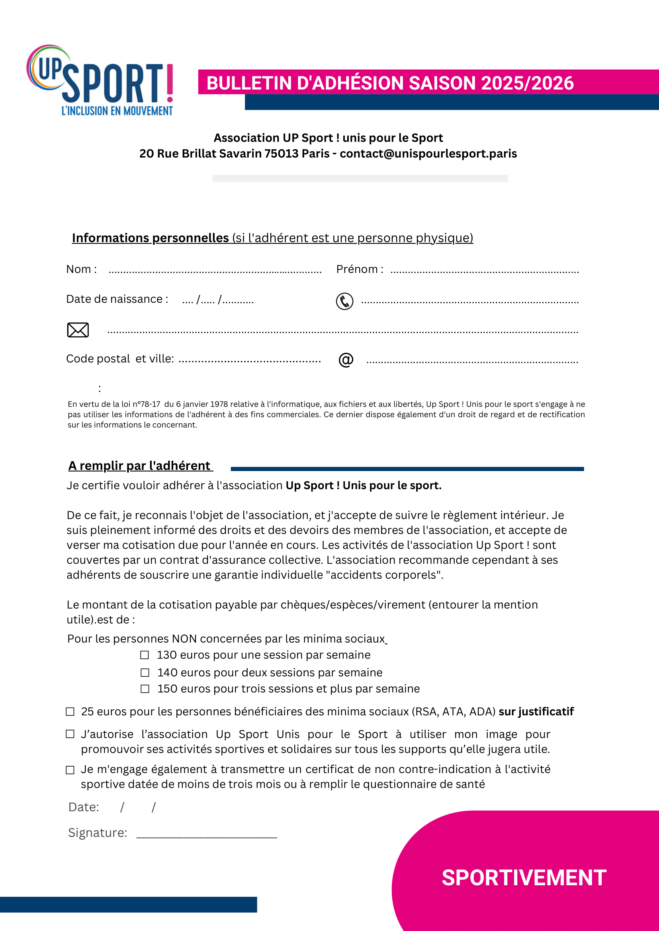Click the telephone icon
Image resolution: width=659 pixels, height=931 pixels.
344,301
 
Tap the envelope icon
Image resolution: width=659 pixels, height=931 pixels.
78,330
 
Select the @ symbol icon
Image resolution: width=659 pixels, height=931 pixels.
346,360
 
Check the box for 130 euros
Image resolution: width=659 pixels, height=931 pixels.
145,655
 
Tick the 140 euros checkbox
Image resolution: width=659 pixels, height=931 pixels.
145,672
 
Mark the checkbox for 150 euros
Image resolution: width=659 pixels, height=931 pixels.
145,689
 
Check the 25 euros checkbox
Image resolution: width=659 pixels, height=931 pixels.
70,712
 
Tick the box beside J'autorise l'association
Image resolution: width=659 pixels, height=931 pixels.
70,734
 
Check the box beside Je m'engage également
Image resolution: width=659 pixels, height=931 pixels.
70,769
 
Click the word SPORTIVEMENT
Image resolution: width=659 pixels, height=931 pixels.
524,877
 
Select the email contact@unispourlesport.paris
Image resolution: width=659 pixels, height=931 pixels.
428,154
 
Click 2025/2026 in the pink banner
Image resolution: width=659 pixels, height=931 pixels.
527,83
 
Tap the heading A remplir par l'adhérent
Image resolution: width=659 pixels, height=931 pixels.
140,465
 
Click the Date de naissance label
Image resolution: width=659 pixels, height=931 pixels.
117,299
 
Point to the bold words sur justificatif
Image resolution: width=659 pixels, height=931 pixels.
536,712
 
